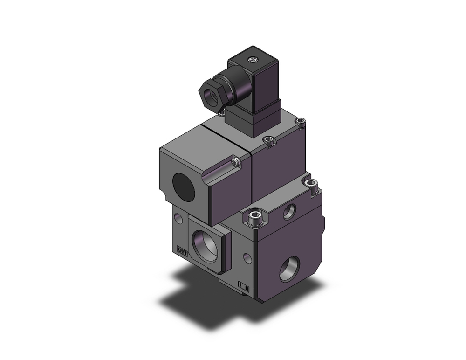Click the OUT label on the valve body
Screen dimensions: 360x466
coord(182,251)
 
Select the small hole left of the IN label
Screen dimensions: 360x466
coord(247,257)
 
